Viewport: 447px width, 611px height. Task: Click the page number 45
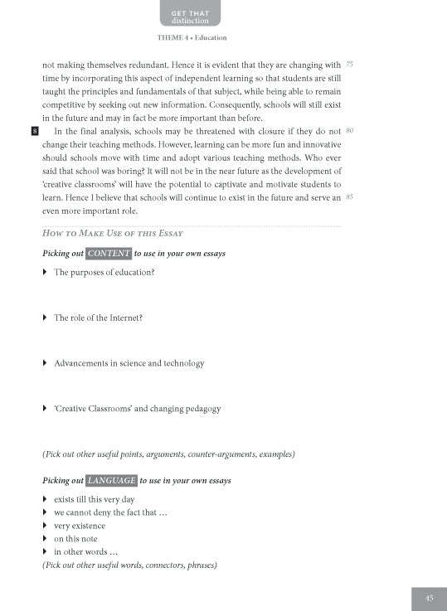[x=429, y=598]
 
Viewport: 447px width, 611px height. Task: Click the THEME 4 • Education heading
[x=191, y=38]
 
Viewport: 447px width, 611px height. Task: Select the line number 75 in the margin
[x=349, y=64]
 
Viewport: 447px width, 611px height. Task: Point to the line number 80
[x=349, y=131]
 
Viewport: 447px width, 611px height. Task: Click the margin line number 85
[x=349, y=197]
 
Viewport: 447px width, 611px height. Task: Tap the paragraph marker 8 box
[x=33, y=132]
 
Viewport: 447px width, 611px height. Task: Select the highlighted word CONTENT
[x=108, y=253]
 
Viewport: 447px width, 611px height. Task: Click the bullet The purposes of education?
[x=104, y=273]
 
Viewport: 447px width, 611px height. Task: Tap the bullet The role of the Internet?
[x=99, y=318]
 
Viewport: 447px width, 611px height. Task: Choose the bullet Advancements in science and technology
[x=129, y=363]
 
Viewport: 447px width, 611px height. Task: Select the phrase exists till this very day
[x=94, y=500]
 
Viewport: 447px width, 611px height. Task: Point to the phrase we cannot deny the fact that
[x=110, y=513]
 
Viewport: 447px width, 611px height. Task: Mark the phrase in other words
[x=85, y=552]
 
